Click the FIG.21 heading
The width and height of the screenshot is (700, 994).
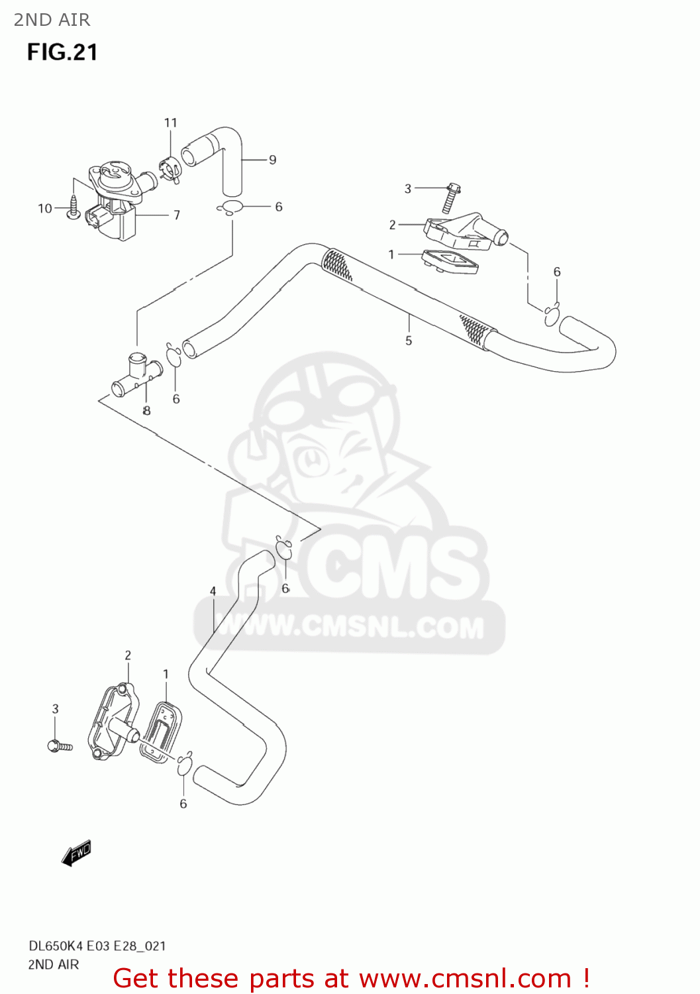(x=62, y=52)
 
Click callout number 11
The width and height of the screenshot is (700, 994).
(x=171, y=123)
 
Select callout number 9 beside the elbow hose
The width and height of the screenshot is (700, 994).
(x=272, y=160)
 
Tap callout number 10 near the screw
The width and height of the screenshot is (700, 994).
(x=44, y=209)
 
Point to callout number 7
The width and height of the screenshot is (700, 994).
(x=177, y=215)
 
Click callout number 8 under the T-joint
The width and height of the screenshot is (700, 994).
(x=146, y=411)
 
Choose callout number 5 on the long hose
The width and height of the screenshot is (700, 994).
(x=409, y=341)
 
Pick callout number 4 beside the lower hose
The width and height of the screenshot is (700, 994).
(x=213, y=591)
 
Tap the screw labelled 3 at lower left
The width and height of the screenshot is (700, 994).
(x=60, y=746)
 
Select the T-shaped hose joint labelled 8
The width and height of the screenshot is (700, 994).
(x=136, y=375)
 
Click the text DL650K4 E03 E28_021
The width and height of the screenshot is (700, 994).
(x=97, y=946)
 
